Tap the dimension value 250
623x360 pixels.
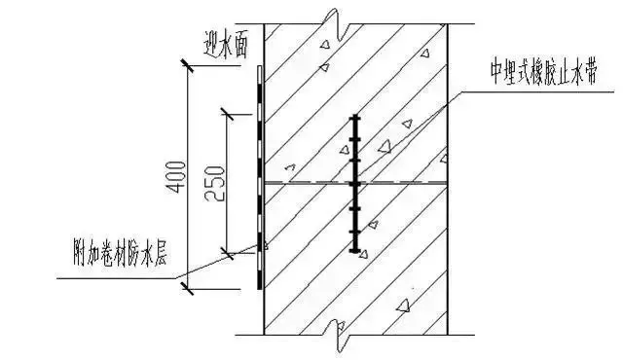point(215,182)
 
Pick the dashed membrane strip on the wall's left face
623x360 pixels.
point(259,175)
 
